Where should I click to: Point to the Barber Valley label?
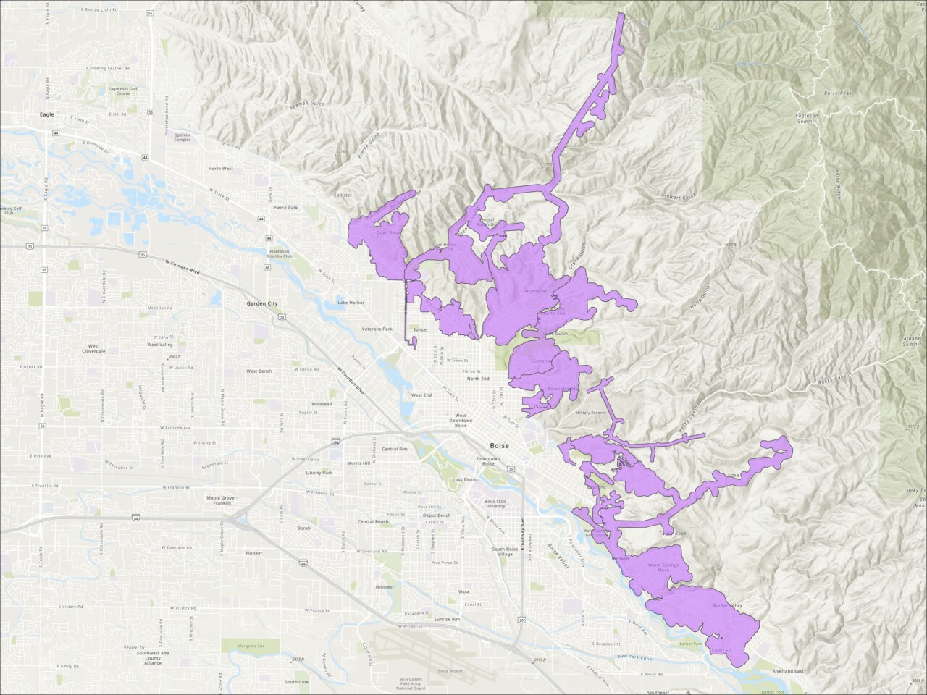(x=728, y=605)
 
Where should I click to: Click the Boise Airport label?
(x=450, y=671)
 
